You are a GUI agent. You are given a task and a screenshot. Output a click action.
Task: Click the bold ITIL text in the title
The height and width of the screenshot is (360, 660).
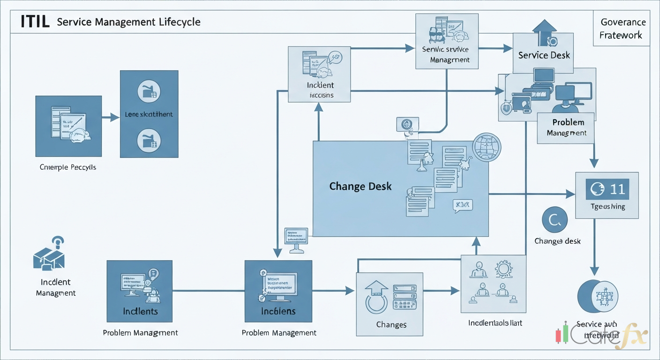[35, 22]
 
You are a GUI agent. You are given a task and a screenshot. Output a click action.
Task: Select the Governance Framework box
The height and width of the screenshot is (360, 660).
[621, 29]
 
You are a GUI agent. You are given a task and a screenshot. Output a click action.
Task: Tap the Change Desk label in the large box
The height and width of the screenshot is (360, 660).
[360, 186]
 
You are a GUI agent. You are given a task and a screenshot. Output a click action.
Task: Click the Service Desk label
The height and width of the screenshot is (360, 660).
[544, 55]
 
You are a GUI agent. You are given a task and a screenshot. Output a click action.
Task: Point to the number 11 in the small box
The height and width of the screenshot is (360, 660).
[617, 189]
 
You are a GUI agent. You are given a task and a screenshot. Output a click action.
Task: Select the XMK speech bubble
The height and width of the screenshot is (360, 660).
[463, 205]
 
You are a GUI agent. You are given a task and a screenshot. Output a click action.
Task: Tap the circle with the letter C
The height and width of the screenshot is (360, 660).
[555, 220]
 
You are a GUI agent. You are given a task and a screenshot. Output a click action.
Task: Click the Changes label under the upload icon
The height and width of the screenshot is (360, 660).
[391, 324]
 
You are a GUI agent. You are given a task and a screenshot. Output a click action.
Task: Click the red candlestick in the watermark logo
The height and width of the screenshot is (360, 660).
[558, 335]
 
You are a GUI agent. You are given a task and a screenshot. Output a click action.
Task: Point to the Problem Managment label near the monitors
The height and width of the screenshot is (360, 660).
[568, 127]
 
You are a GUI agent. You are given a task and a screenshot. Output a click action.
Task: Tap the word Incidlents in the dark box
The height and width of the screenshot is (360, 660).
[140, 311]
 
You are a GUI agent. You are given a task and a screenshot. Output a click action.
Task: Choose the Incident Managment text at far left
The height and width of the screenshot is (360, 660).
[56, 287]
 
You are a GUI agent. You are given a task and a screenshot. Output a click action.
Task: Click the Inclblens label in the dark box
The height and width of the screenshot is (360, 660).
[278, 311]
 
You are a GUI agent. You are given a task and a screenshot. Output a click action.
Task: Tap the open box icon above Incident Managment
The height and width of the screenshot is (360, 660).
[49, 257]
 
